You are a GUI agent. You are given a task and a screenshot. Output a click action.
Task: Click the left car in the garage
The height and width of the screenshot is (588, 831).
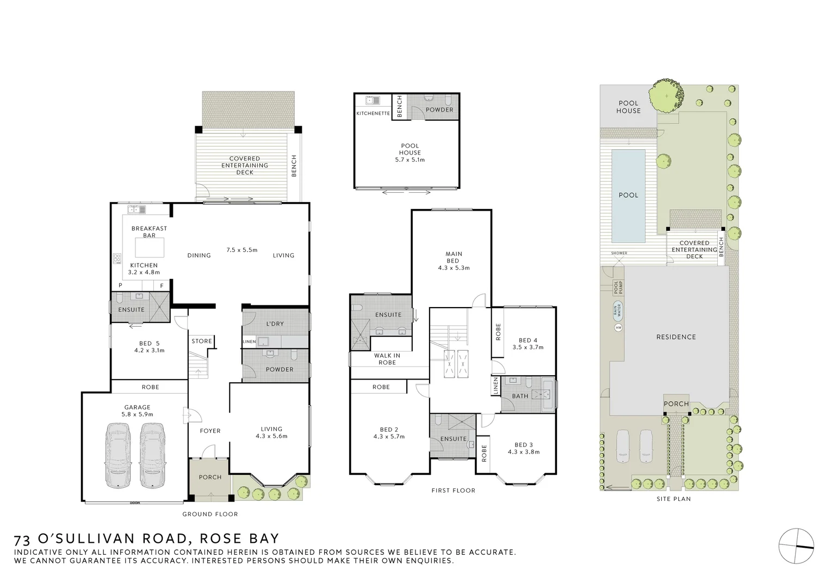coord(118,456)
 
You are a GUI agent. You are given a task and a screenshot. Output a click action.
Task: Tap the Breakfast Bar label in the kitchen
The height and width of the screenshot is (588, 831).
coord(149,232)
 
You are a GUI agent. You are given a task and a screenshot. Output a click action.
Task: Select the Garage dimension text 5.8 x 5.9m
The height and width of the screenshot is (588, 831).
coord(137,414)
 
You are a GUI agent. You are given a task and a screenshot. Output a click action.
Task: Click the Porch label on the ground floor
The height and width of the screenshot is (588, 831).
coord(210,477)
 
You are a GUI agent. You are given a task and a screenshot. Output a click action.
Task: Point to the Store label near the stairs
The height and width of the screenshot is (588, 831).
coord(201,341)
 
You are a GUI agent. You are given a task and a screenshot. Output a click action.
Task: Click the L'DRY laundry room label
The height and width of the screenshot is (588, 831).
coord(275,324)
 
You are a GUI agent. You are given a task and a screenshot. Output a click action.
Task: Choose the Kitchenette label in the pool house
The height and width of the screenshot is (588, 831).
coord(373,113)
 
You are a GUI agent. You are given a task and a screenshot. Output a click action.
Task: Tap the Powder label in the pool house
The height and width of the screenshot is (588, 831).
coord(439,109)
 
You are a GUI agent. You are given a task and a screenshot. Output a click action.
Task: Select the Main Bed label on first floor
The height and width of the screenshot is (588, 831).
coord(454,257)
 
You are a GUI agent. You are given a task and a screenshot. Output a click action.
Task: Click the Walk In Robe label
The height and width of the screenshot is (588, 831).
coord(387,359)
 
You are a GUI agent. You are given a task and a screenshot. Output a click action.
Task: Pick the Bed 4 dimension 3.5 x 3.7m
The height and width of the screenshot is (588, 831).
coord(528,347)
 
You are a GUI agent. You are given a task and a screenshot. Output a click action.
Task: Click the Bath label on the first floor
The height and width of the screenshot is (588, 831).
coord(520,396)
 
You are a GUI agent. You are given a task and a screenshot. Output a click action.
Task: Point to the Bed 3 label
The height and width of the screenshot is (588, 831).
coord(523,445)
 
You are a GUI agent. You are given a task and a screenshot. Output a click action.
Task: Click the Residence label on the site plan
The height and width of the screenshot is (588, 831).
coord(675,337)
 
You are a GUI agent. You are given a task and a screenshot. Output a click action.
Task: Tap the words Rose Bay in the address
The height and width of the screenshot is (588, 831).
coord(239,539)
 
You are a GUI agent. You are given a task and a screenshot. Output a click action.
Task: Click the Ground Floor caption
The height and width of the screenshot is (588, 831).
coord(210,514)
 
